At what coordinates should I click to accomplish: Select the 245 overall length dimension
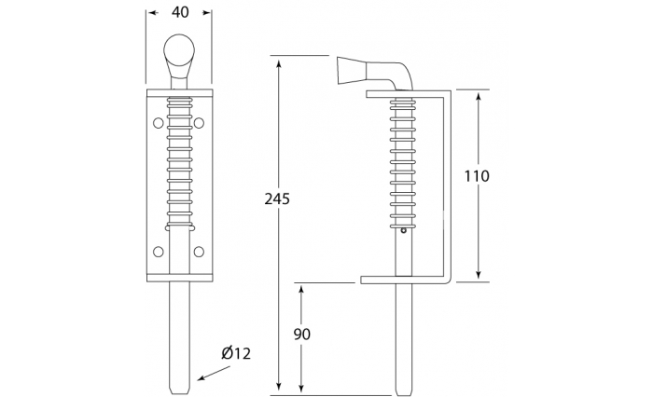277,198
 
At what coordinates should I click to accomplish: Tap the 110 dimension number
477,175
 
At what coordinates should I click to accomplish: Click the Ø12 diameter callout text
236,353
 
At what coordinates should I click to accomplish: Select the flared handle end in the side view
348,71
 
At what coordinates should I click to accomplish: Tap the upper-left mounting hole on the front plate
156,121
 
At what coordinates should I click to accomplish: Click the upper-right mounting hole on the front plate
200,121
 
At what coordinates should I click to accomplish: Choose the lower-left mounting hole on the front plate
156,250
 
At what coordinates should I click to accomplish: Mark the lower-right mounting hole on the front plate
200,250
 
